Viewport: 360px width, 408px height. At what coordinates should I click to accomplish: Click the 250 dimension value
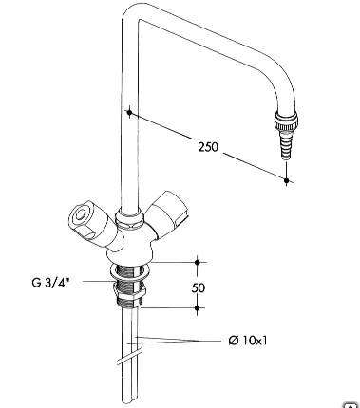[208, 147]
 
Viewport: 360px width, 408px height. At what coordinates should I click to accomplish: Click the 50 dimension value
[199, 287]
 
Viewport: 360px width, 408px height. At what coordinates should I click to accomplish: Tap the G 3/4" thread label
[50, 282]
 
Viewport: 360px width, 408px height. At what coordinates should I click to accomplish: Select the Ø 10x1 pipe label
[248, 341]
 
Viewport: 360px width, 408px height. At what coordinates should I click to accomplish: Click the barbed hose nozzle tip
[285, 144]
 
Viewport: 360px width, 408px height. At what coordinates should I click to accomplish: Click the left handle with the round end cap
[90, 221]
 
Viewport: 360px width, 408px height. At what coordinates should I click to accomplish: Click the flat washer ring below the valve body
[129, 271]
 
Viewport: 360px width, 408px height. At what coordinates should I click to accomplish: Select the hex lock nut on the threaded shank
[130, 291]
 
